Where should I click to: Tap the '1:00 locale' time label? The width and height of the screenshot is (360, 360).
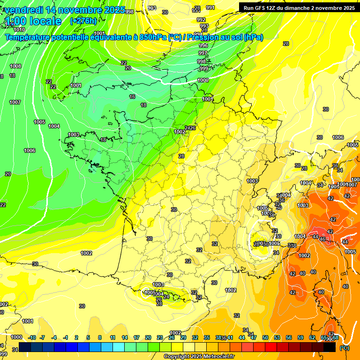(x=33, y=21)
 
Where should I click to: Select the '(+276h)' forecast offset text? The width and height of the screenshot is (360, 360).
(x=83, y=21)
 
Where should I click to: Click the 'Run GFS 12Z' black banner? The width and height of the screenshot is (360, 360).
(x=299, y=7)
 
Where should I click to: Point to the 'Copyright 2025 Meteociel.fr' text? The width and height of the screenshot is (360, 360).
(x=199, y=356)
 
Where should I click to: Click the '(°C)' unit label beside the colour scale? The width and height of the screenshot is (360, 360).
(x=344, y=348)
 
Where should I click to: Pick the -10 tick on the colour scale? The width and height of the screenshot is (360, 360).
(x=32, y=337)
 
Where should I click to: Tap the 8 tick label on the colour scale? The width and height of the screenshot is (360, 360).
(x=100, y=337)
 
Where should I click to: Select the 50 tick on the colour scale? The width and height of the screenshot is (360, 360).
(x=265, y=337)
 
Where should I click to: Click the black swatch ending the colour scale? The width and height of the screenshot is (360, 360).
(x=330, y=347)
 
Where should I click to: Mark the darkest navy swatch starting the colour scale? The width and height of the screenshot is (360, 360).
(x=25, y=347)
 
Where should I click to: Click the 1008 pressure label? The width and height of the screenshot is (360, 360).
(x=15, y=66)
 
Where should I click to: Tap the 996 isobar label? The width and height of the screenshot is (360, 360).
(x=203, y=45)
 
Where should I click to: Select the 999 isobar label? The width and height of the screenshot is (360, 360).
(x=203, y=68)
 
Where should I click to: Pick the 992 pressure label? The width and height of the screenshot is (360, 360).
(x=201, y=20)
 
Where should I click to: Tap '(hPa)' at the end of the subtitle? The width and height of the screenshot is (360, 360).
(x=253, y=37)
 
